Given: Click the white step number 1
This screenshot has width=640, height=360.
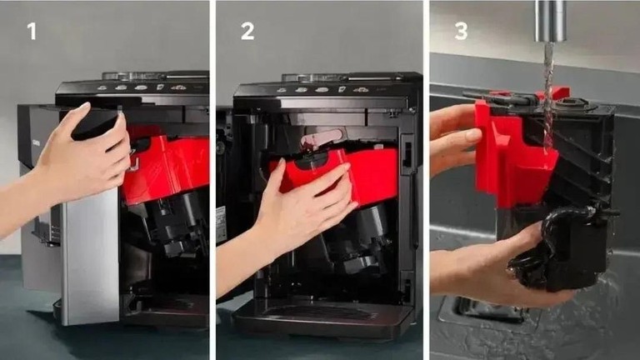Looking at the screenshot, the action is [32, 31].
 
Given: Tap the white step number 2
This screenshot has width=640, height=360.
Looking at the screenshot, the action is [247, 31].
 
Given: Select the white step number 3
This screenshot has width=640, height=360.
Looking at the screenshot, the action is [461, 31].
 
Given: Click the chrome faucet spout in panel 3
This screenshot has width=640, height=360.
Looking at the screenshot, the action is [551, 20].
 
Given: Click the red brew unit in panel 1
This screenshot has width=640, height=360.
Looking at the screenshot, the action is [165, 167].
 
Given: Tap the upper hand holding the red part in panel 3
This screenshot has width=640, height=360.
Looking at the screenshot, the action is [453, 135].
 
